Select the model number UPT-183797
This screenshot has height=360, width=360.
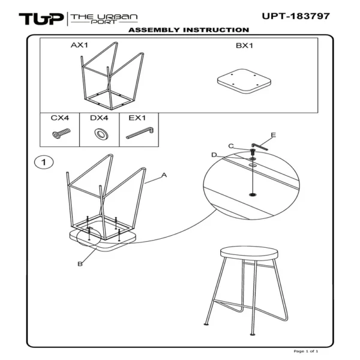[x=295, y=16]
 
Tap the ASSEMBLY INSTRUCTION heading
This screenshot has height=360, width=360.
[x=188, y=30]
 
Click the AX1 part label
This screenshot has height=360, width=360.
[x=80, y=45]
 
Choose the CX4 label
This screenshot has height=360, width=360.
[x=59, y=118]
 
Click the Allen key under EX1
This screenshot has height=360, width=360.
[x=140, y=133]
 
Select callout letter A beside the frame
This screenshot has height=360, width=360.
[x=164, y=175]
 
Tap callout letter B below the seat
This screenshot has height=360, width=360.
[x=79, y=263]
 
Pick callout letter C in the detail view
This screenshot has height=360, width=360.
[x=231, y=146]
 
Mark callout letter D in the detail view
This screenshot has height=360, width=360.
[x=214, y=155]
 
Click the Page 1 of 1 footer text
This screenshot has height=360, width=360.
[x=306, y=350]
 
